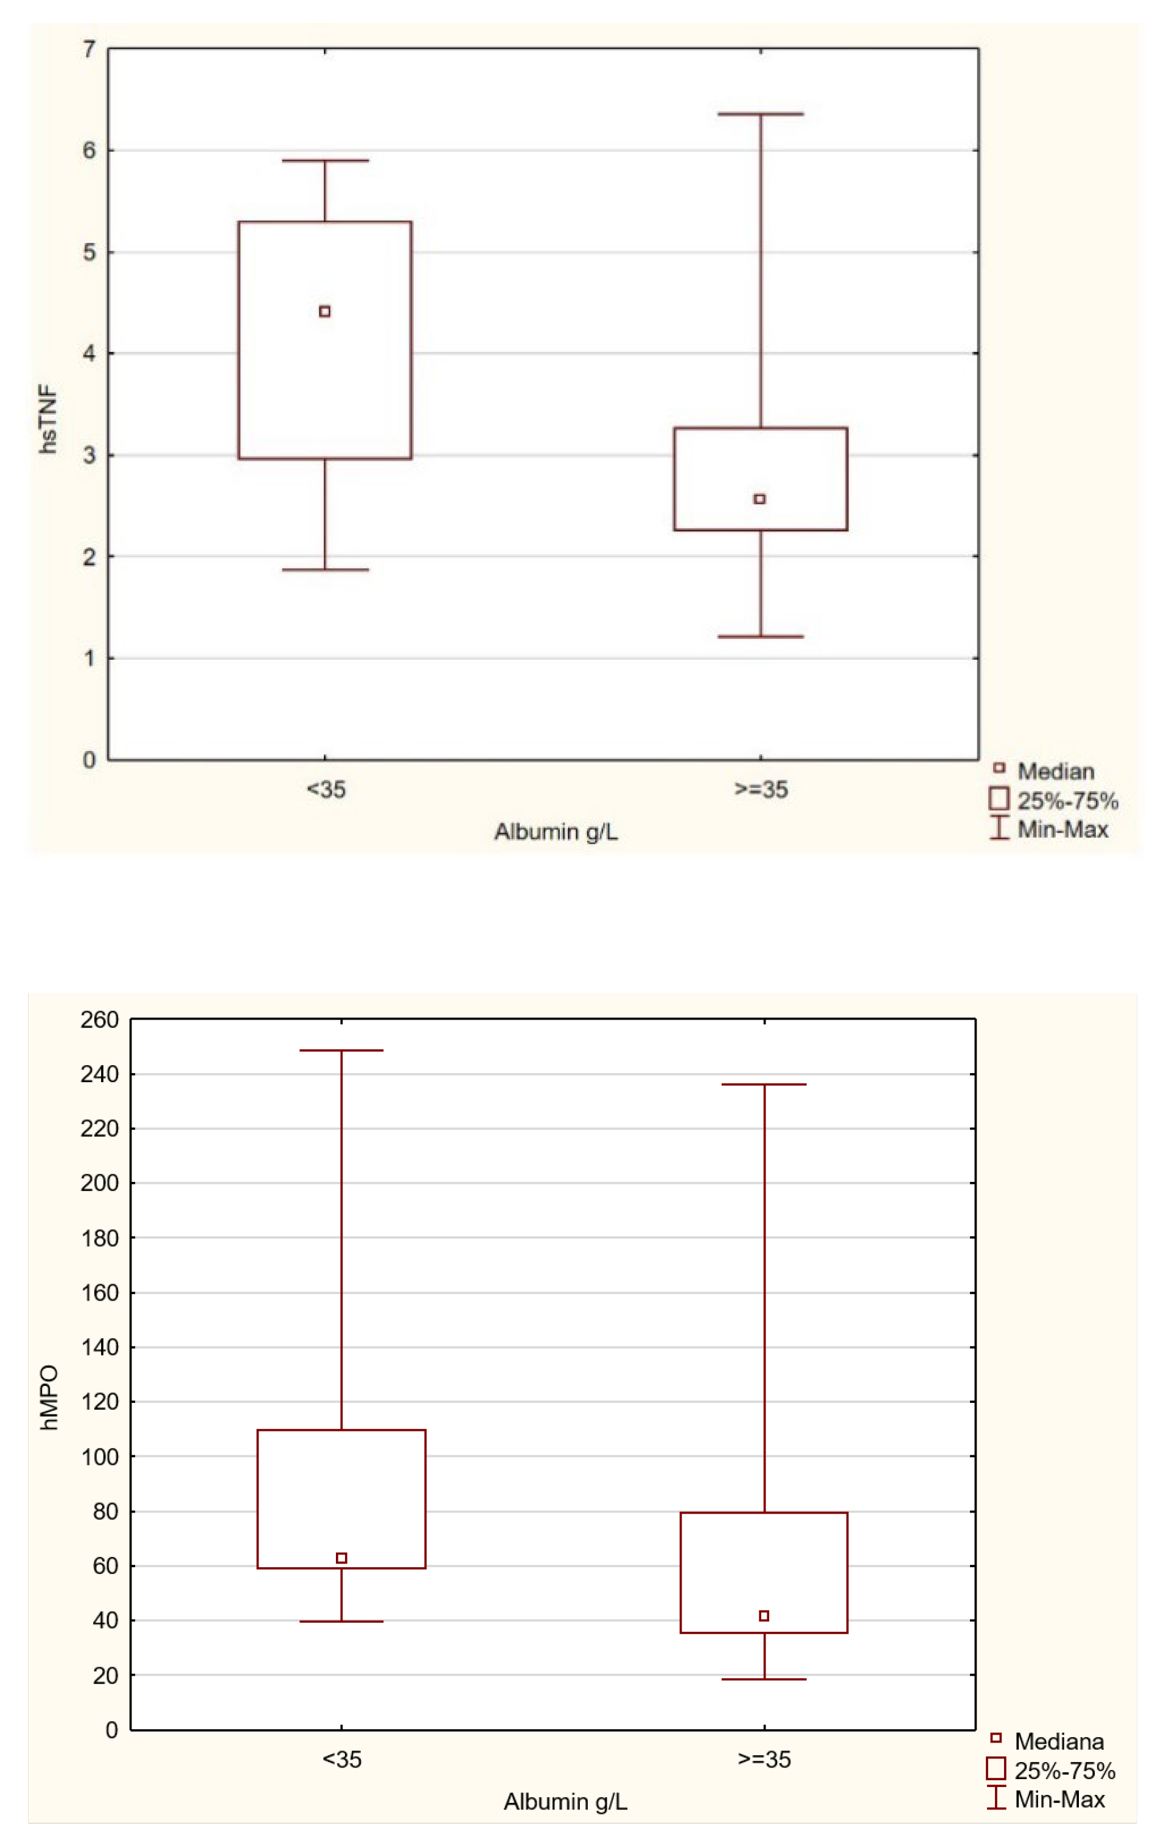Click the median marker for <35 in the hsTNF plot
[325, 311]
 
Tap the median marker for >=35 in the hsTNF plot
[760, 498]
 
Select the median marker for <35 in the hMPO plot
[341, 1558]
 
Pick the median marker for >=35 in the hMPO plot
[764, 1616]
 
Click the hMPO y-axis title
[49, 1397]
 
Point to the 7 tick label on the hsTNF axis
[89, 50]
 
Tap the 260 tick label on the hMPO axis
[100, 1019]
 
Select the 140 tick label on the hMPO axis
[100, 1348]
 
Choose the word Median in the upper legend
[1055, 771]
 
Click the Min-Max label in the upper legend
[1062, 830]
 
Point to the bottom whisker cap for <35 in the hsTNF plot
[325, 570]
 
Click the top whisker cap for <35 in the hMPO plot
[341, 1050]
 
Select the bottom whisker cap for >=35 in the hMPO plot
[764, 1680]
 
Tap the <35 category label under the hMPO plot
[341, 1760]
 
